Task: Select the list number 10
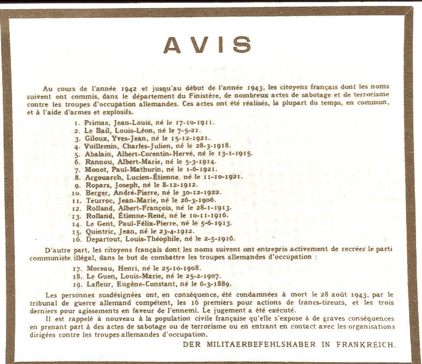77,193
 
